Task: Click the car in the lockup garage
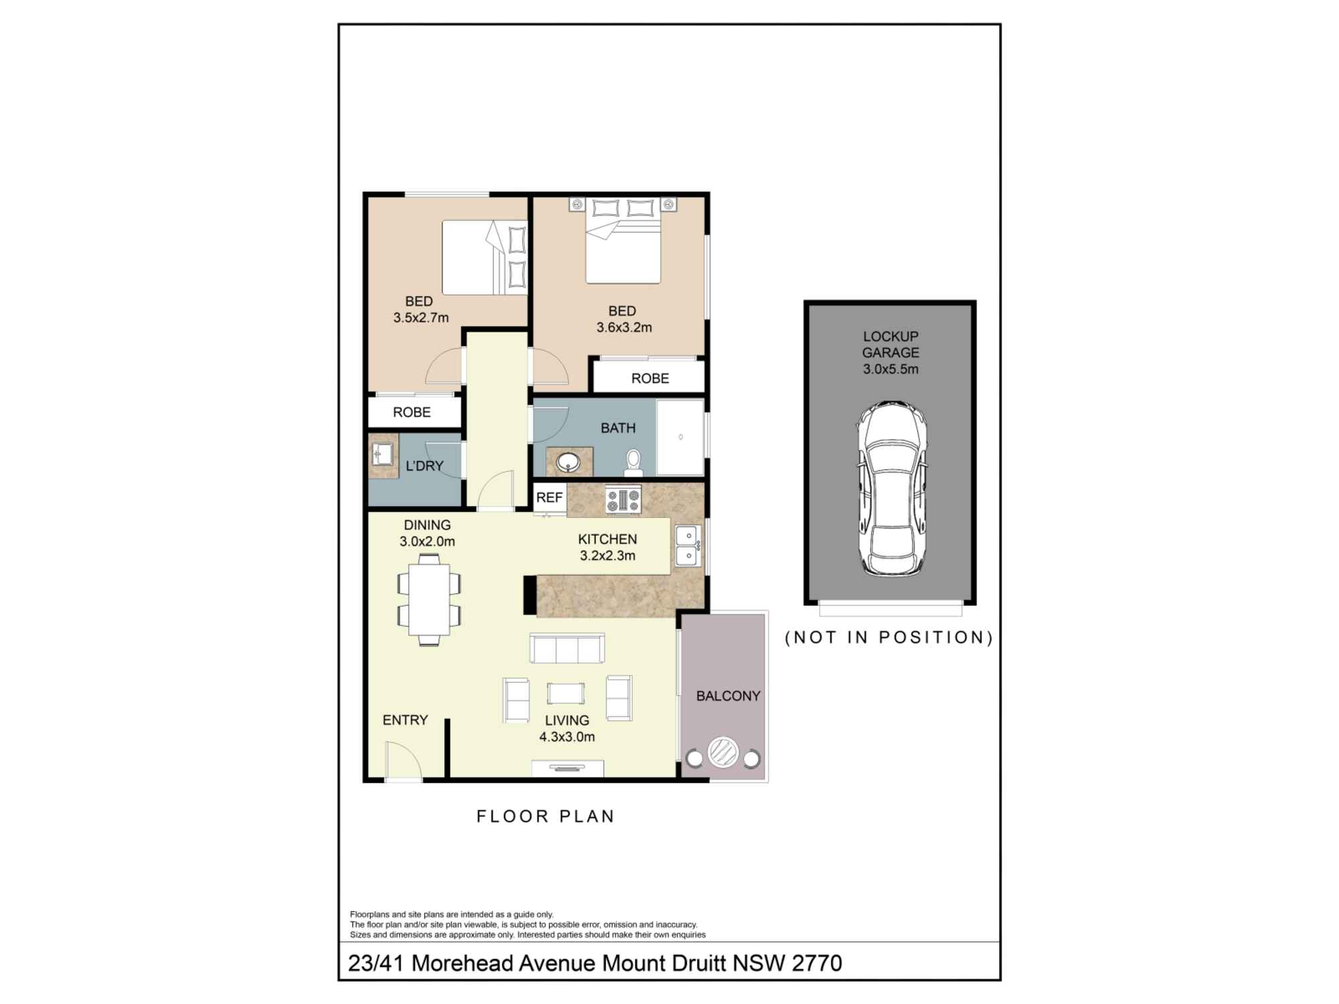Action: pos(892,489)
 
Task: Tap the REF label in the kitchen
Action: pos(549,497)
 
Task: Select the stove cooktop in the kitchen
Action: pos(623,500)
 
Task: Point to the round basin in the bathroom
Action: pos(570,462)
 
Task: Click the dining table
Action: pos(429,599)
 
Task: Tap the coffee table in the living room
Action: pos(566,693)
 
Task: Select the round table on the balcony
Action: pos(723,752)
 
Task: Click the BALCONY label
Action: pos(728,696)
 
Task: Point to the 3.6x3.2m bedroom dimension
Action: pos(624,328)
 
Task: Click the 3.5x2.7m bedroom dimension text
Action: pos(421,318)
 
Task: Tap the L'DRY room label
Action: pos(424,466)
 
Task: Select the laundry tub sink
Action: pos(383,454)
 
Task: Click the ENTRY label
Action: pos(405,720)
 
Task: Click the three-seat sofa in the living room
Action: pos(567,648)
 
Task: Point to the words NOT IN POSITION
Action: pos(889,637)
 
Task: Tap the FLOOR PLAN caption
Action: pos(546,817)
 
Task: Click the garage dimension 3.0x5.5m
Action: pos(890,369)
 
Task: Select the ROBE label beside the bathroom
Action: pos(650,378)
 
